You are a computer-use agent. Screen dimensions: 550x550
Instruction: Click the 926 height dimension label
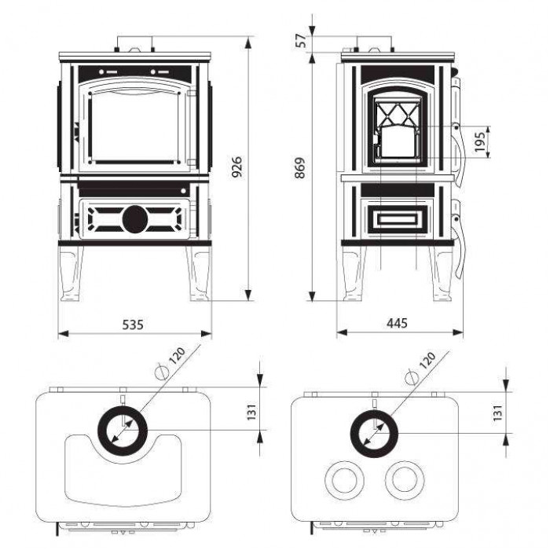click(237, 167)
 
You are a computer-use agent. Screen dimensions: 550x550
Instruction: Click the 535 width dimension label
click(133, 324)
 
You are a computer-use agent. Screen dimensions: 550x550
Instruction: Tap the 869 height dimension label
click(300, 168)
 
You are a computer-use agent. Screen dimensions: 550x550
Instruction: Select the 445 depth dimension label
click(398, 323)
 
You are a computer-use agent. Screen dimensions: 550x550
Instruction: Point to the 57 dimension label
click(301, 41)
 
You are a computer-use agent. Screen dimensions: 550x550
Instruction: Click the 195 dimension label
click(481, 141)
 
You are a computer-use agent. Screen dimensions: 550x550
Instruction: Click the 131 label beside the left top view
click(252, 412)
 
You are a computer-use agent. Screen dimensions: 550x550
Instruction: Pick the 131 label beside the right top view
click(498, 412)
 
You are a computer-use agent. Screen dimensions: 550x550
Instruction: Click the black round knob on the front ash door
click(135, 219)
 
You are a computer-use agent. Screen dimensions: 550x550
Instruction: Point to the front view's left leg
click(72, 273)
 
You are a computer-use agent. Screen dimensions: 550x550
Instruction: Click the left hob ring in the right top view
click(345, 479)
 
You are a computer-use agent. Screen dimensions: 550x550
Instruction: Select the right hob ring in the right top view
click(405, 479)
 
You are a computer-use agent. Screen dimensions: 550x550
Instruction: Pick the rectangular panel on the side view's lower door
click(397, 219)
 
